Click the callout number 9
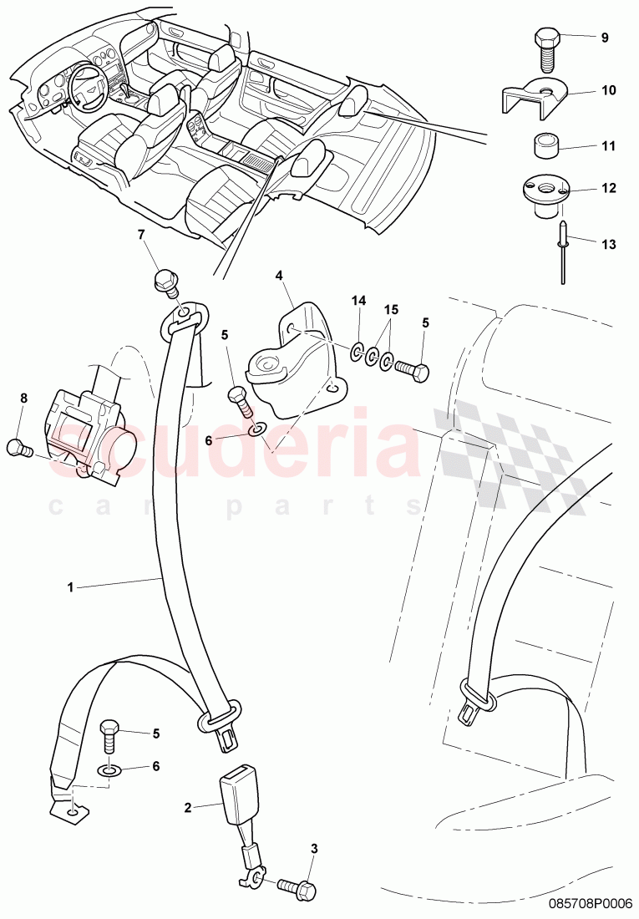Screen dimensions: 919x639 point(605,38)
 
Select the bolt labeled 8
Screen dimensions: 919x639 point(18,448)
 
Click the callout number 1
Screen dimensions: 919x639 point(71,587)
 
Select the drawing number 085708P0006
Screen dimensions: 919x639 point(591,903)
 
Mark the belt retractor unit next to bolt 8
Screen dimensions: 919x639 point(88,434)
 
